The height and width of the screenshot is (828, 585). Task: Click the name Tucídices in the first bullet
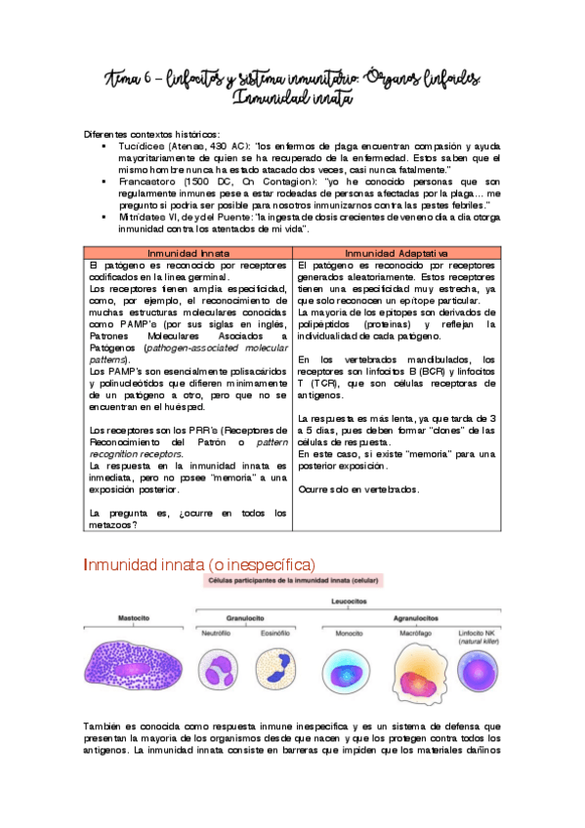point(144,145)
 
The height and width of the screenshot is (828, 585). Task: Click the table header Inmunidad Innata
point(188,253)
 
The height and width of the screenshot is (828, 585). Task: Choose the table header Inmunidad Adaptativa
point(395,253)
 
